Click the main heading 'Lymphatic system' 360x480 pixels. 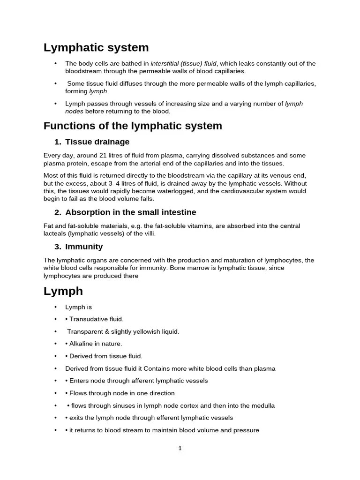(x=96, y=47)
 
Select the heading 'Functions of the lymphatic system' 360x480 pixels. (x=133, y=126)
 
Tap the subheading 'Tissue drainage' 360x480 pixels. (x=97, y=142)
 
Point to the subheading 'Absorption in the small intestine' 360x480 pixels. (x=130, y=212)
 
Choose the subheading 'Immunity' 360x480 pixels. (x=84, y=247)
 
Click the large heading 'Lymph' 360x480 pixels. (x=63, y=291)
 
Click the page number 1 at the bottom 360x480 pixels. (x=180, y=448)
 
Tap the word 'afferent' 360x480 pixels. (x=140, y=381)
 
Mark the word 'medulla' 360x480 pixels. (x=262, y=405)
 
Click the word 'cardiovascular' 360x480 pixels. (x=245, y=191)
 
